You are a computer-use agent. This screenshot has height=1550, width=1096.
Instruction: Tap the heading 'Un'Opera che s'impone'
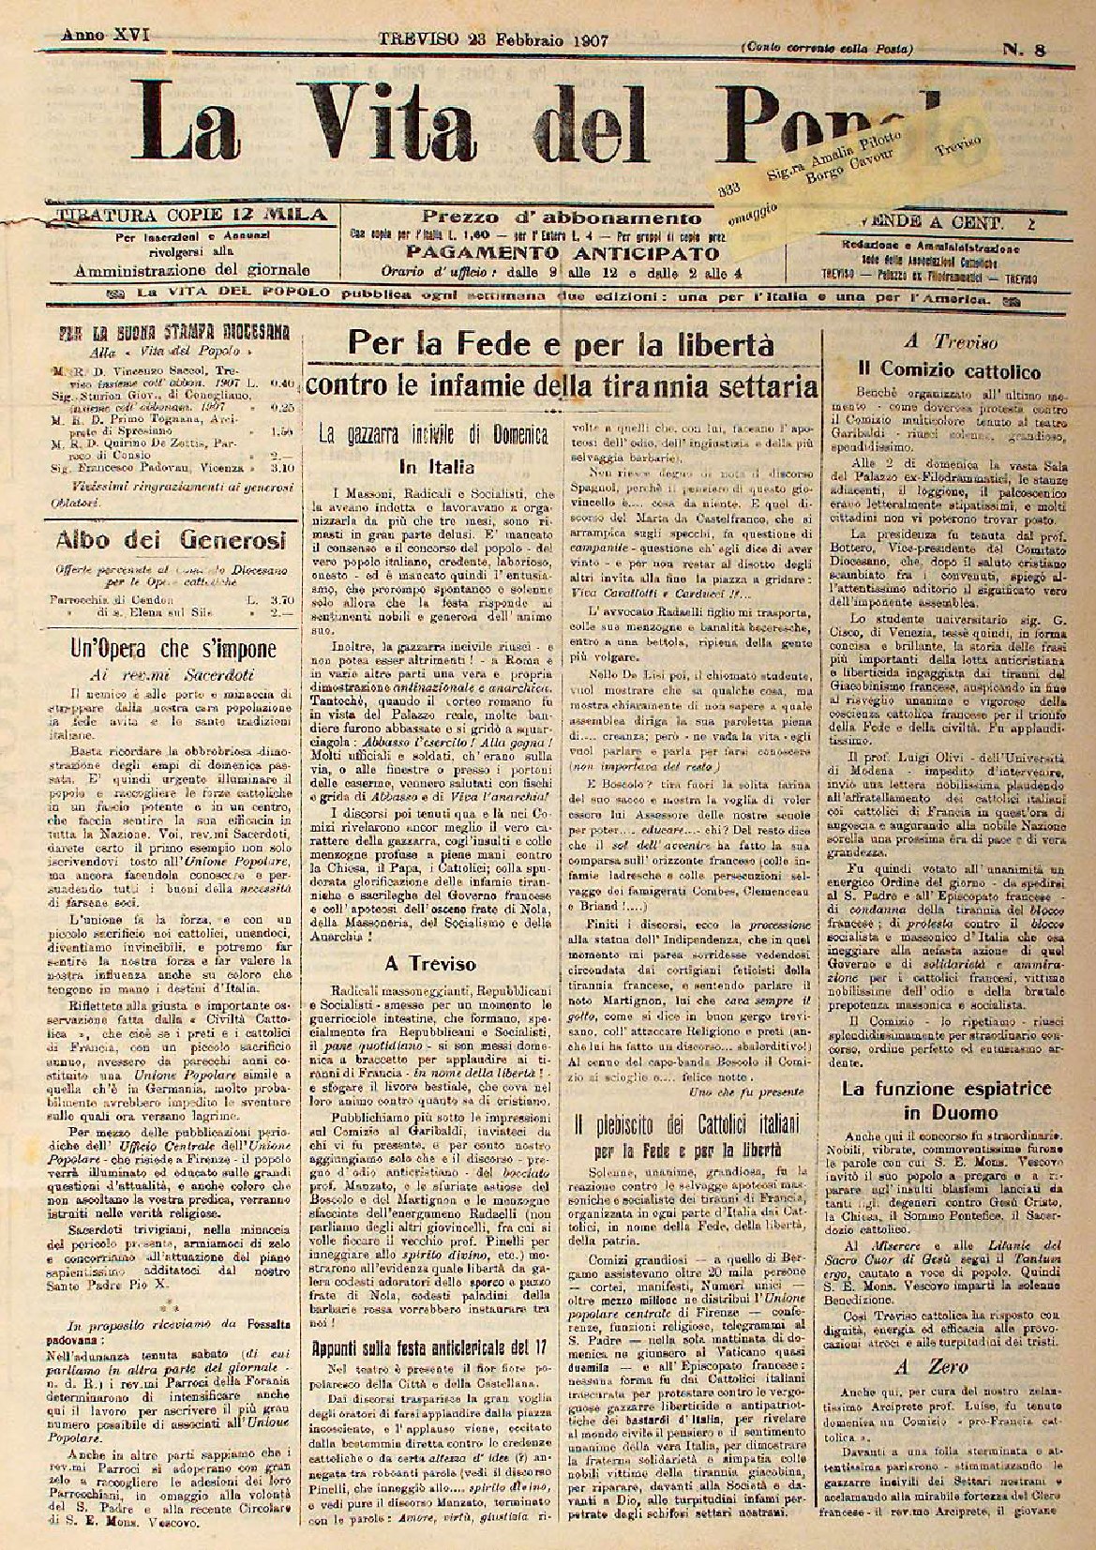click(x=174, y=649)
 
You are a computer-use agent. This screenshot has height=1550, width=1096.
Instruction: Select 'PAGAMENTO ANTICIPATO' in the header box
click(x=563, y=253)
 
